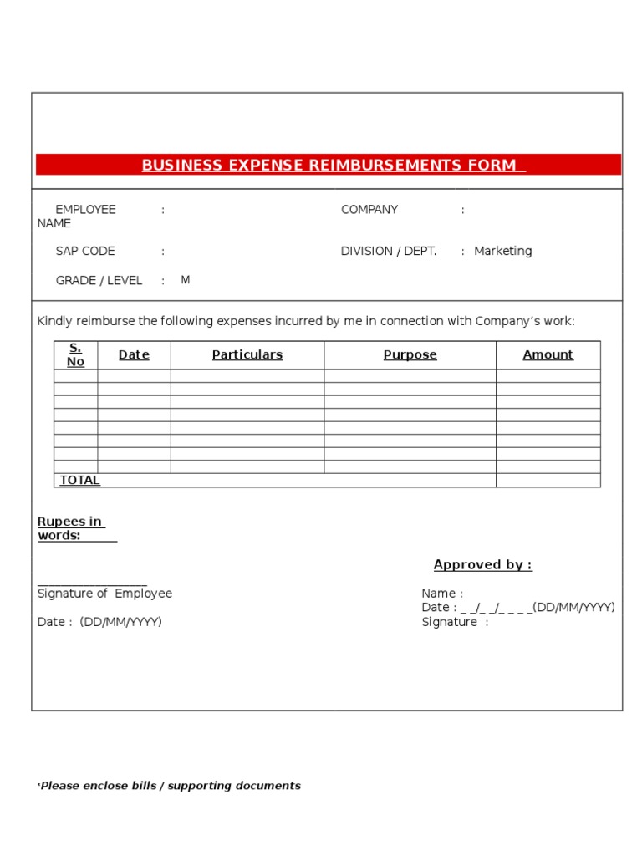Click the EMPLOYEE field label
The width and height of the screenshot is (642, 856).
[x=85, y=210]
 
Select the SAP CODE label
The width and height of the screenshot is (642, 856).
[x=85, y=251]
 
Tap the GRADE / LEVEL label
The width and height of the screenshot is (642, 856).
[x=99, y=281]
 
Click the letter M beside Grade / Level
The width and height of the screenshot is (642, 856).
[x=186, y=280]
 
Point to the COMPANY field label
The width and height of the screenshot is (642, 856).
[x=369, y=210]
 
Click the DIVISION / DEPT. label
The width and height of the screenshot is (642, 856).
[x=389, y=251]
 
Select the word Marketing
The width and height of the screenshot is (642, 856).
[x=502, y=251]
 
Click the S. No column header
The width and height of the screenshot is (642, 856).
[x=76, y=354]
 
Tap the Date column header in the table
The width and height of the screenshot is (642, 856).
[x=134, y=354]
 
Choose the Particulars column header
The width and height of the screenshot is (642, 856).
[x=247, y=354]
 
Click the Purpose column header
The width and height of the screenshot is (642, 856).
[x=410, y=354]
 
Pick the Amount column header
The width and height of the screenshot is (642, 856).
[x=548, y=354]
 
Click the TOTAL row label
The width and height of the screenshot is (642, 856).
[x=79, y=480]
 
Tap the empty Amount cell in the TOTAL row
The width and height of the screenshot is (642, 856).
[x=548, y=480]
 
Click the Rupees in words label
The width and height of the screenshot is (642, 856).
[x=70, y=528]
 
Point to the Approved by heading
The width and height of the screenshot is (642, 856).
[x=482, y=564]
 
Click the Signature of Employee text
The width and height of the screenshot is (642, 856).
[x=104, y=594]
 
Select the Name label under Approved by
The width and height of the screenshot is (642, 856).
[x=441, y=594]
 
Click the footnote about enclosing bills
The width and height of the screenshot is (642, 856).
[x=170, y=786]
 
